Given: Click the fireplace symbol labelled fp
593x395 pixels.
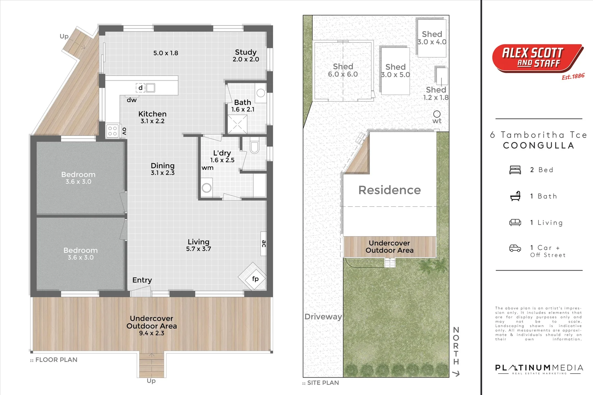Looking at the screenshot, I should pyautogui.click(x=252, y=277).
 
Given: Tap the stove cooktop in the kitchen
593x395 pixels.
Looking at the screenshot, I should pyautogui.click(x=112, y=131).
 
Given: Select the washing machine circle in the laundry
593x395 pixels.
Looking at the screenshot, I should pyautogui.click(x=206, y=188).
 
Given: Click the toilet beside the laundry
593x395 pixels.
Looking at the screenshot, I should pyautogui.click(x=254, y=146).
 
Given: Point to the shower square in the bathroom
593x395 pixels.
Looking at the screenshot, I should pyautogui.click(x=237, y=124).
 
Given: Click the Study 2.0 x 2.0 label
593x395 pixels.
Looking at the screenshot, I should pyautogui.click(x=246, y=56).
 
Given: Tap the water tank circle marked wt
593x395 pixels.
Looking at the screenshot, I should pyautogui.click(x=437, y=114).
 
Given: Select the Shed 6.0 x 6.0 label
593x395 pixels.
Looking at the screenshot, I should pyautogui.click(x=343, y=70).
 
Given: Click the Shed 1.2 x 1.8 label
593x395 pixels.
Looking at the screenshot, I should pyautogui.click(x=436, y=94).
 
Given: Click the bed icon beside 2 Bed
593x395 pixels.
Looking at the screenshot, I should pyautogui.click(x=515, y=170).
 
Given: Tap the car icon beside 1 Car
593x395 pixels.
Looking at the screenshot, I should pyautogui.click(x=515, y=248).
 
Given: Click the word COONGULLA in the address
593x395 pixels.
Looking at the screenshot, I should pyautogui.click(x=538, y=146).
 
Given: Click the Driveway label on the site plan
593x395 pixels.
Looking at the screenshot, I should pyautogui.click(x=323, y=317).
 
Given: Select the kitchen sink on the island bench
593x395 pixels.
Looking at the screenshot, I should pyautogui.click(x=150, y=87).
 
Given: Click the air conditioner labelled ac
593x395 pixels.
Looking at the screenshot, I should pyautogui.click(x=264, y=244).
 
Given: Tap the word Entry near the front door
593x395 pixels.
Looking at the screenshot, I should pyautogui.click(x=142, y=280).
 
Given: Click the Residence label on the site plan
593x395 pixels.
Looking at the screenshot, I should pyautogui.click(x=389, y=190).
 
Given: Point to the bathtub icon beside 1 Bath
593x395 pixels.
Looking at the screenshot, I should pyautogui.click(x=515, y=196).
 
